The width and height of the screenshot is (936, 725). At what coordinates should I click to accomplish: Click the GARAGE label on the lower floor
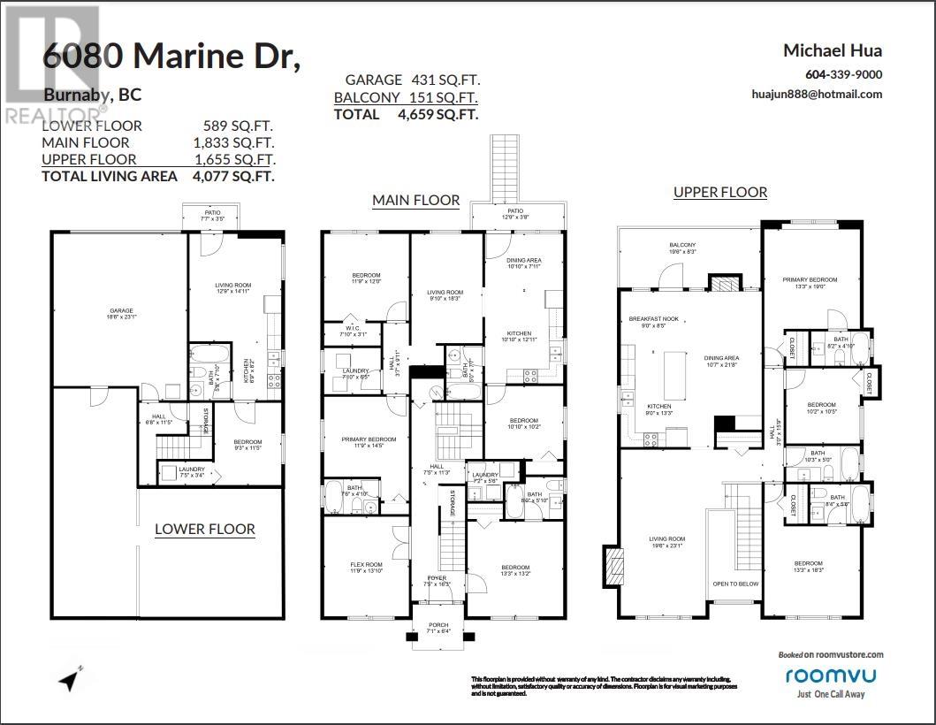pyautogui.click(x=121, y=310)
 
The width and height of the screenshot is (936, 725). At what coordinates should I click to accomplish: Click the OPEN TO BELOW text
pyautogui.click(x=736, y=584)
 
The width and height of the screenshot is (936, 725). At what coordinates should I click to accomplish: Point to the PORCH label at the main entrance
pyautogui.click(x=438, y=624)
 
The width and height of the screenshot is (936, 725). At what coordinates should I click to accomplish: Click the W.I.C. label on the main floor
pyautogui.click(x=354, y=326)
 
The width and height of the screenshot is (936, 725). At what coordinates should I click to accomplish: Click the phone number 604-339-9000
pyautogui.click(x=843, y=75)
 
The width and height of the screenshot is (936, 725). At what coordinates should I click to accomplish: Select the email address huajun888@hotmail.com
pyautogui.click(x=817, y=95)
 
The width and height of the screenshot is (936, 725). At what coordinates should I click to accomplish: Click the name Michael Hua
pyautogui.click(x=833, y=50)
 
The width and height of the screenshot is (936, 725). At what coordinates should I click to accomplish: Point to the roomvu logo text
pyautogui.click(x=826, y=675)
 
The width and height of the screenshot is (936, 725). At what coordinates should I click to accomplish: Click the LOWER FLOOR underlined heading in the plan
pyautogui.click(x=205, y=530)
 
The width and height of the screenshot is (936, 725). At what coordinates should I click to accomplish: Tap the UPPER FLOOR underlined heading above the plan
pyautogui.click(x=720, y=192)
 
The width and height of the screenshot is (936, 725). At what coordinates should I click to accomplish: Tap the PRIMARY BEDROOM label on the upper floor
pyautogui.click(x=809, y=280)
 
